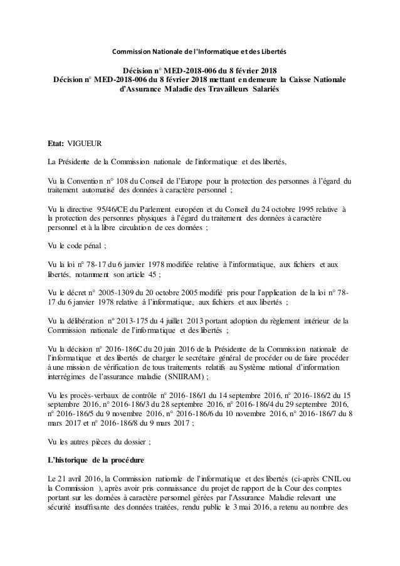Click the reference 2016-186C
[134, 349]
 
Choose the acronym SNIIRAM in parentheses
[184, 378]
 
